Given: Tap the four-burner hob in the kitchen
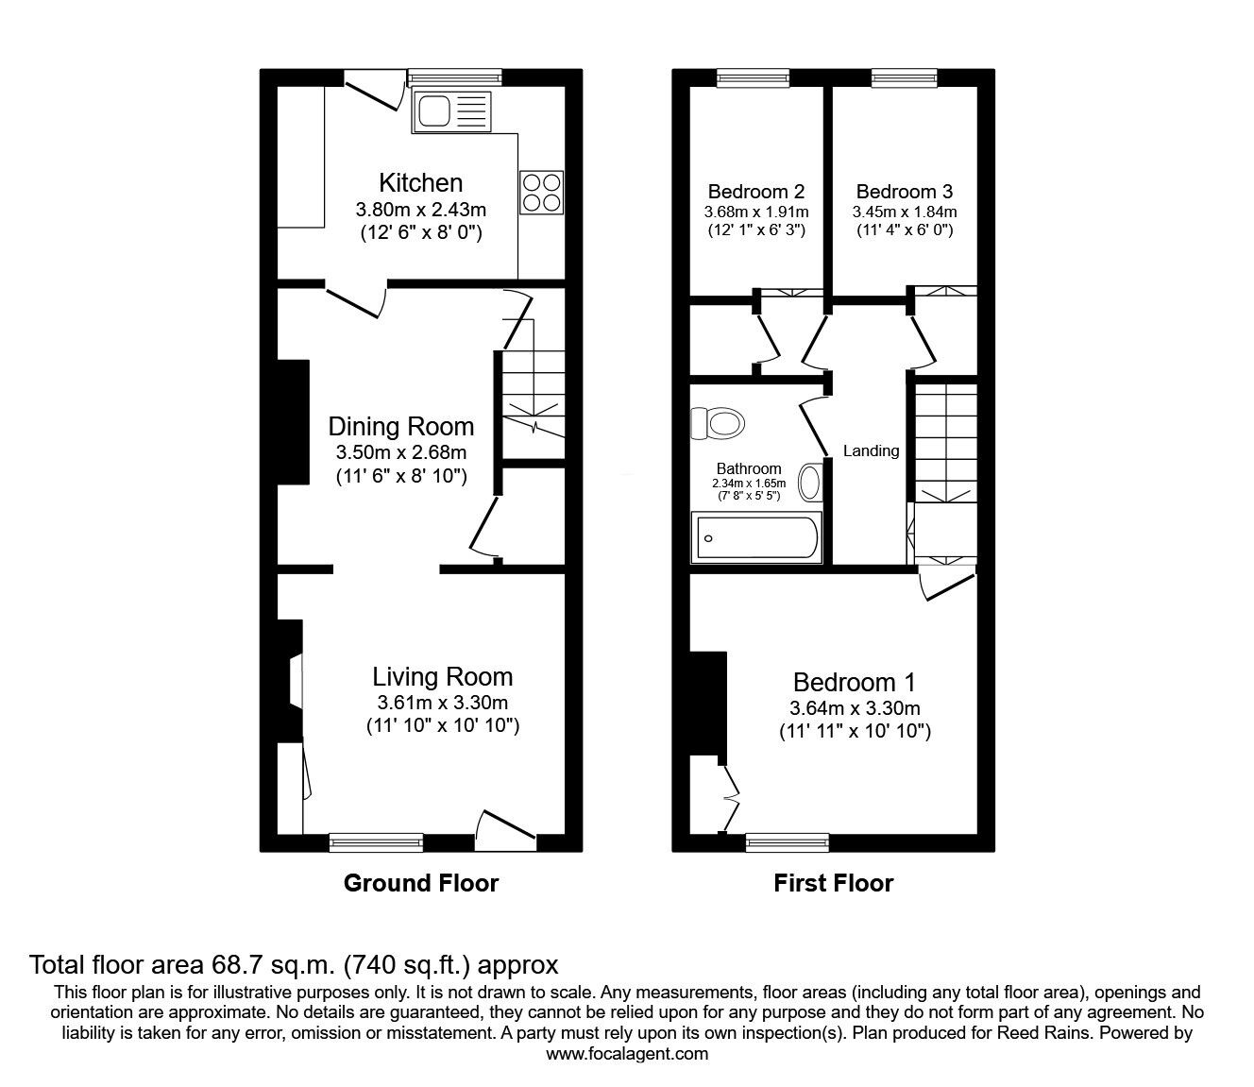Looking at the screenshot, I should point(541,192).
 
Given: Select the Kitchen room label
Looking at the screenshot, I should point(421,182).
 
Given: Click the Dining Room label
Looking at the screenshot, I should point(401,426).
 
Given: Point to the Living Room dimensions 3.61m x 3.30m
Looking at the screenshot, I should point(442,703).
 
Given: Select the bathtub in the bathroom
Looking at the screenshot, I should point(755,538).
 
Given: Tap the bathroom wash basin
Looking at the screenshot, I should point(810,483).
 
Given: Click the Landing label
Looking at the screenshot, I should point(871,451).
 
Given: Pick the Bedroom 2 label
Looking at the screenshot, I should point(755,192).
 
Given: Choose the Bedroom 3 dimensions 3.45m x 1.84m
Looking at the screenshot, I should point(904,212).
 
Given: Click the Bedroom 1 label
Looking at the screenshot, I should point(855,682).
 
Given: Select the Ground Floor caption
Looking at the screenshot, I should point(421,883).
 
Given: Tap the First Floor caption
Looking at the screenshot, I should point(833,883).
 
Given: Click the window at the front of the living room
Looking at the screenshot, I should point(376,841).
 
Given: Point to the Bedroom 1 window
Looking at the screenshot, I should point(787,841).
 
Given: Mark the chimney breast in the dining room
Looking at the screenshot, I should point(293,422).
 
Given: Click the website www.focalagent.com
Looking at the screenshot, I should point(627,1054).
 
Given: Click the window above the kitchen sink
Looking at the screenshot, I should point(454,77).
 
